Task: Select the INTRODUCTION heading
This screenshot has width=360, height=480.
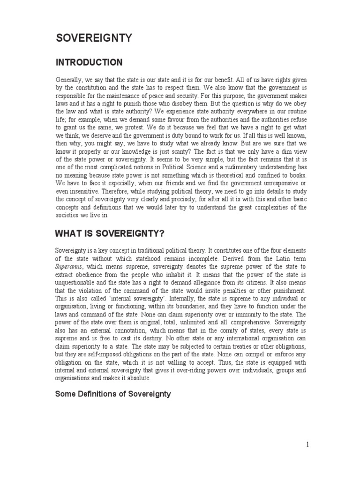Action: pyautogui.click(x=89, y=62)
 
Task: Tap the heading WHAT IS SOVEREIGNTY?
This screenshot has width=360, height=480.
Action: pyautogui.click(x=110, y=233)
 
